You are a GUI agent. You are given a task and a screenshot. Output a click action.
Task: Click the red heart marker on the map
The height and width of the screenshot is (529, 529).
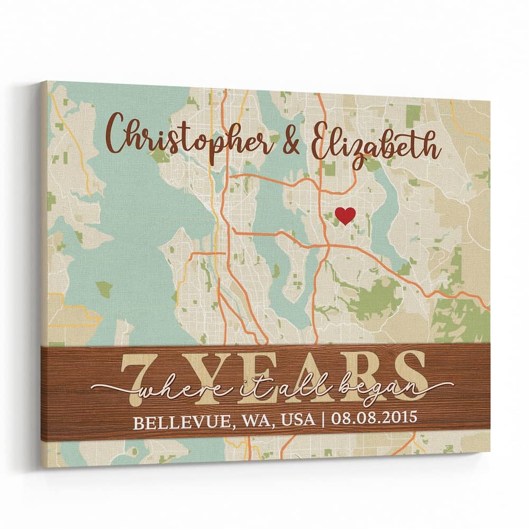345,215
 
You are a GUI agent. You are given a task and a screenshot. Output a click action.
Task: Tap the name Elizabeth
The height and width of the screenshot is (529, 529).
376,142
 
